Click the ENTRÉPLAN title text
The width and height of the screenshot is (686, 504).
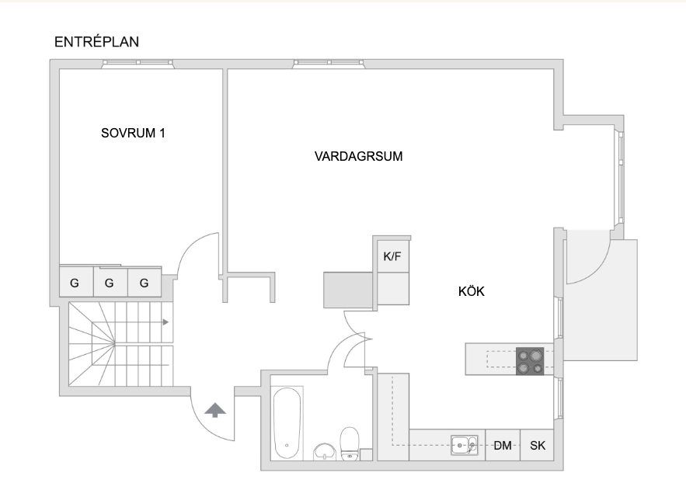tap(96, 42)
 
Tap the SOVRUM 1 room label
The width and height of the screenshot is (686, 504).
tap(133, 133)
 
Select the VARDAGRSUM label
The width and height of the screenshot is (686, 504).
tap(358, 156)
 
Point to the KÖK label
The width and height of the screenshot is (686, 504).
tap(471, 291)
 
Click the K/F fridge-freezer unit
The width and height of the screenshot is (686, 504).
tap(392, 256)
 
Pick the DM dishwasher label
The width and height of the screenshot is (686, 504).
tap(503, 446)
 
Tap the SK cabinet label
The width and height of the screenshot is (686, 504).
tap(538, 446)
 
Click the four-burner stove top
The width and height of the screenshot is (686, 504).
tap(530, 361)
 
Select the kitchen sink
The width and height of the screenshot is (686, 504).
tap(464, 446)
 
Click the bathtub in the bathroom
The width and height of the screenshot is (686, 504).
tap(287, 423)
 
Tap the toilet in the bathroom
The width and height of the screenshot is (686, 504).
tap(350, 443)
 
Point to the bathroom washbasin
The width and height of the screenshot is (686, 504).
tap(324, 452)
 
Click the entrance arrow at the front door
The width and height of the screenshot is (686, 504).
tap(215, 410)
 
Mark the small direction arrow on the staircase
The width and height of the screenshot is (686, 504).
tap(165, 322)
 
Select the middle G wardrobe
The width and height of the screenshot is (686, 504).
tap(110, 282)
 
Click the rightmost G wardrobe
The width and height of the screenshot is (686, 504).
tap(145, 282)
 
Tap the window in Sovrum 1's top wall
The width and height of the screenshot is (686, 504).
tap(138, 64)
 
